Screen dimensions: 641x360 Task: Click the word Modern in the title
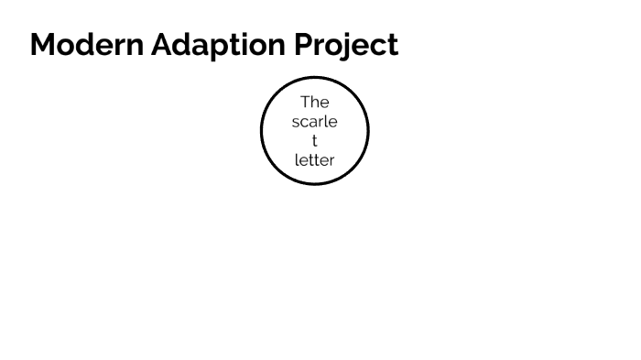[x=87, y=45]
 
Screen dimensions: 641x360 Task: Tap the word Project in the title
[x=346, y=45]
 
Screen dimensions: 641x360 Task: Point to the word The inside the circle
[x=314, y=102]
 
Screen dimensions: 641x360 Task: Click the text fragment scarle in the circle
[x=314, y=121]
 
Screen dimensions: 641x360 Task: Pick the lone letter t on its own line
[x=314, y=141]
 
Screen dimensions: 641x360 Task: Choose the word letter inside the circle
[x=314, y=160]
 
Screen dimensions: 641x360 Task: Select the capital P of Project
[x=304, y=45]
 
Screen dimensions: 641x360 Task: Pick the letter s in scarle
[x=296, y=122]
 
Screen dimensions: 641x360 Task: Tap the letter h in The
[x=315, y=102]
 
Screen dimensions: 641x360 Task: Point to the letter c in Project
[x=376, y=47]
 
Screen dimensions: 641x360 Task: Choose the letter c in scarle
[x=305, y=122]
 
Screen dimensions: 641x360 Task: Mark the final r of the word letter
[x=331, y=161]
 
